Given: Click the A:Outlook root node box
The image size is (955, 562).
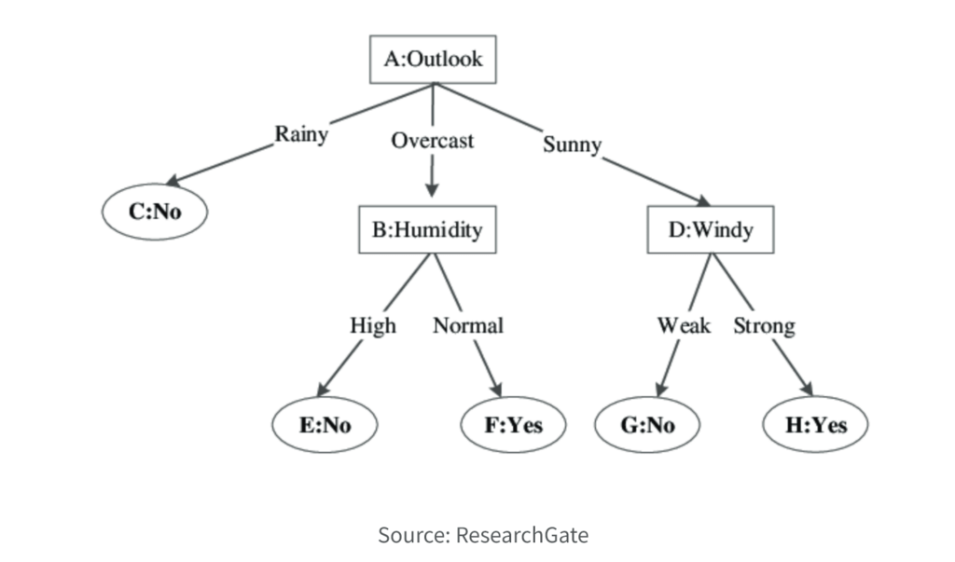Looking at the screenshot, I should click(x=434, y=60).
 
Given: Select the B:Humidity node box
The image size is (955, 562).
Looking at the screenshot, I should click(x=427, y=230).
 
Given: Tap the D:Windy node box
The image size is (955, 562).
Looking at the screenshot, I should click(x=711, y=230).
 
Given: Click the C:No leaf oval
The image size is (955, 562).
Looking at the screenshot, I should click(x=155, y=212).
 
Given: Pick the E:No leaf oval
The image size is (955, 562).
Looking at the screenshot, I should click(x=325, y=426).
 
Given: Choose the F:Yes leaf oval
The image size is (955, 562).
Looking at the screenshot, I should click(x=514, y=426).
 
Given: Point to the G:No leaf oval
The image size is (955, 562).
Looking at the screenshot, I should click(x=647, y=426).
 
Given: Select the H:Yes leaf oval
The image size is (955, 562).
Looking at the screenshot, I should click(x=816, y=426).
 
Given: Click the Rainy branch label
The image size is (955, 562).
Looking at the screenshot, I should click(x=301, y=134).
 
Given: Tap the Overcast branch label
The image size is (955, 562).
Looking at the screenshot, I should click(x=432, y=141).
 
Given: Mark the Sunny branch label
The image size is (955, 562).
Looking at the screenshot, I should click(x=572, y=145).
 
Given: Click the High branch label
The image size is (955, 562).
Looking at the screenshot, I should click(x=373, y=325).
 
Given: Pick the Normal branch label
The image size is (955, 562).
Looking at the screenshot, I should click(x=467, y=325).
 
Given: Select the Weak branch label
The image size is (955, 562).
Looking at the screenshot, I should click(x=684, y=325).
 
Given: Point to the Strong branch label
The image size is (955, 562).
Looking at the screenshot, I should click(x=764, y=325).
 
